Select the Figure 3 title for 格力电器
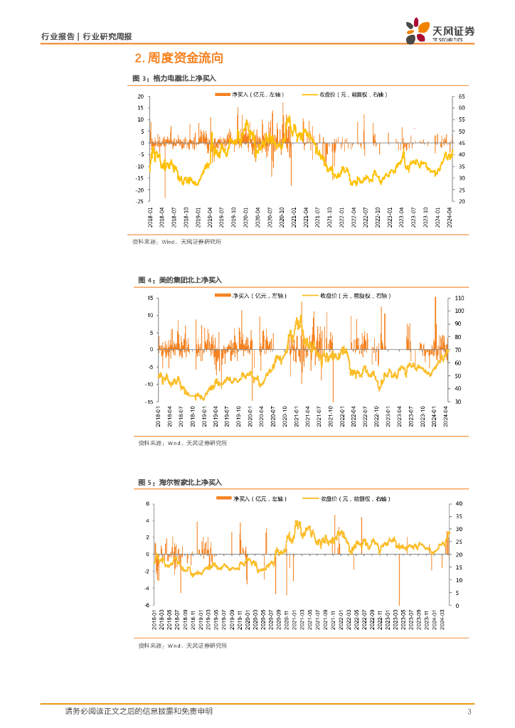coord(174,78)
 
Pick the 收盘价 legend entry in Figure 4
coord(346,296)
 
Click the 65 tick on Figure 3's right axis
coord(462,96)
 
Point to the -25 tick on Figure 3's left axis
coord(141,202)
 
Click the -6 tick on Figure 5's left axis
coord(147,606)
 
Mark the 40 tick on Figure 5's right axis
coord(460,503)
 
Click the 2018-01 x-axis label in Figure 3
coord(151,216)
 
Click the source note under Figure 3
coord(176,242)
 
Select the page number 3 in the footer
coord(469,712)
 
